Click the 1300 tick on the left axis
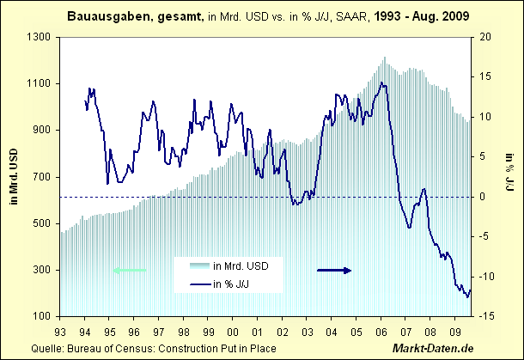(x=40, y=38)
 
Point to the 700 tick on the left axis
(x=42, y=177)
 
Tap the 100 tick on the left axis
(x=42, y=316)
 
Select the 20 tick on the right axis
(x=486, y=38)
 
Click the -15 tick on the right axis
(x=486, y=316)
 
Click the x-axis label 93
(x=59, y=330)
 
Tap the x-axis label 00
(x=234, y=330)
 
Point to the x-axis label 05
(x=357, y=330)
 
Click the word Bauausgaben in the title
(x=102, y=16)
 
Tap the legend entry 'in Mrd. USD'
(x=241, y=265)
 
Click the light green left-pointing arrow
(x=130, y=271)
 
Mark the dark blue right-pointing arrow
(x=335, y=270)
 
